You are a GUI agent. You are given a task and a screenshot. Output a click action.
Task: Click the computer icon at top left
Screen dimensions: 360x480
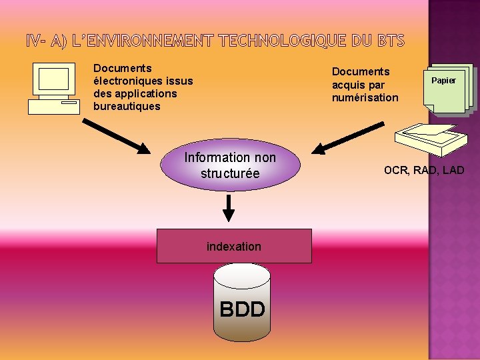coord(54,89)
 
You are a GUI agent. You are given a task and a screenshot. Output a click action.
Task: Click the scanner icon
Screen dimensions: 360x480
coord(426,137)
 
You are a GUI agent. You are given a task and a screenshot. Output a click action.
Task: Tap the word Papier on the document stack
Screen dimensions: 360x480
coord(443,81)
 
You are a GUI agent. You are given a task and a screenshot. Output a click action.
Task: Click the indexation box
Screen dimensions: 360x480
coord(234,246)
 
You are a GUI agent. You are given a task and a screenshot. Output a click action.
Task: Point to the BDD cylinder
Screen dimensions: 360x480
coord(242,303)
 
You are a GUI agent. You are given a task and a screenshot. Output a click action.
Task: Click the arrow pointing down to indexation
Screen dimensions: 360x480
coord(229,207)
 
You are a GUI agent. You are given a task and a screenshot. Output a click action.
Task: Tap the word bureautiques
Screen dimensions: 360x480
coord(127,106)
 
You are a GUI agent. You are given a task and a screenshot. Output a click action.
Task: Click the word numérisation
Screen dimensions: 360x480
coord(365,97)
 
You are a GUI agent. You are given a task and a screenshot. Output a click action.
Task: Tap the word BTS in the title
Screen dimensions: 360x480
coord(391,41)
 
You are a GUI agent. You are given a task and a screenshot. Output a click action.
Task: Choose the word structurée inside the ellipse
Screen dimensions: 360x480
coord(230,173)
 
